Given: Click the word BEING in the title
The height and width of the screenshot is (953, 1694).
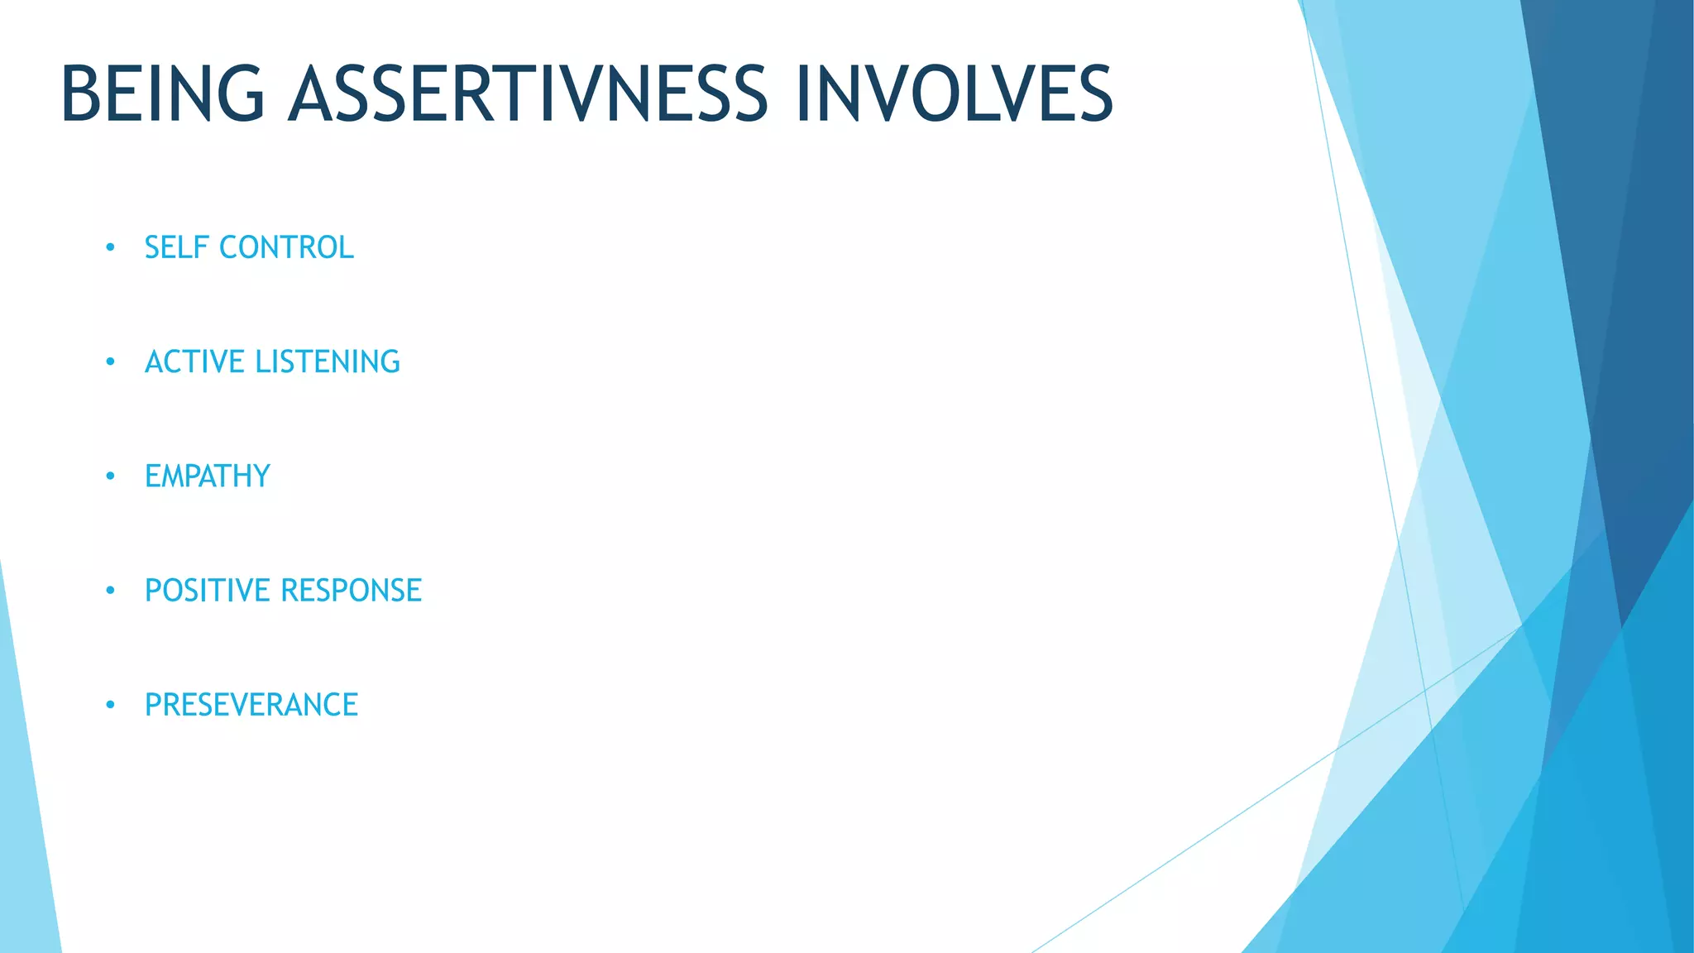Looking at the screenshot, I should tap(162, 94).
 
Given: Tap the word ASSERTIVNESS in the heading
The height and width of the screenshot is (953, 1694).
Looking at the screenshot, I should tap(528, 94).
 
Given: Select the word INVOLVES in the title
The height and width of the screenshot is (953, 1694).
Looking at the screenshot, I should tap(953, 94).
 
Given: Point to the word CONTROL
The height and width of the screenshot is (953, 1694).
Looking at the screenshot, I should tap(286, 247).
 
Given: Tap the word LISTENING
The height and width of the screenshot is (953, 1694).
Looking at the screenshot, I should tap(328, 362).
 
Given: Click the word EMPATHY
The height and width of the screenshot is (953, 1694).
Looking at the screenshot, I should tap(208, 476).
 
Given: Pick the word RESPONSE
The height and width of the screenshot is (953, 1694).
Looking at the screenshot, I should tap(352, 591).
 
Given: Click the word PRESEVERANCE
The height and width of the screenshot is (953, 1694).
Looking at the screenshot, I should tap(251, 705).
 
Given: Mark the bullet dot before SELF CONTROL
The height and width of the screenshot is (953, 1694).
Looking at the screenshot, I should tap(110, 247).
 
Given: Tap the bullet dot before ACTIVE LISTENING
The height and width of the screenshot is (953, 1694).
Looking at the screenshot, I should tap(110, 362).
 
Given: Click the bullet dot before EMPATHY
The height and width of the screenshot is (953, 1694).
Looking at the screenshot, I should tap(110, 476).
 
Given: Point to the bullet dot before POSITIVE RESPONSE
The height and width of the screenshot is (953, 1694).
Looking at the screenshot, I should tap(110, 591).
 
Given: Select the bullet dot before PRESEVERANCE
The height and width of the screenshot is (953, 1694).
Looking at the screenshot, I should tap(110, 705).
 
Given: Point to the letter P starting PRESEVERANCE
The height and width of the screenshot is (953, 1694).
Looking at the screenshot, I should tap(154, 705).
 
